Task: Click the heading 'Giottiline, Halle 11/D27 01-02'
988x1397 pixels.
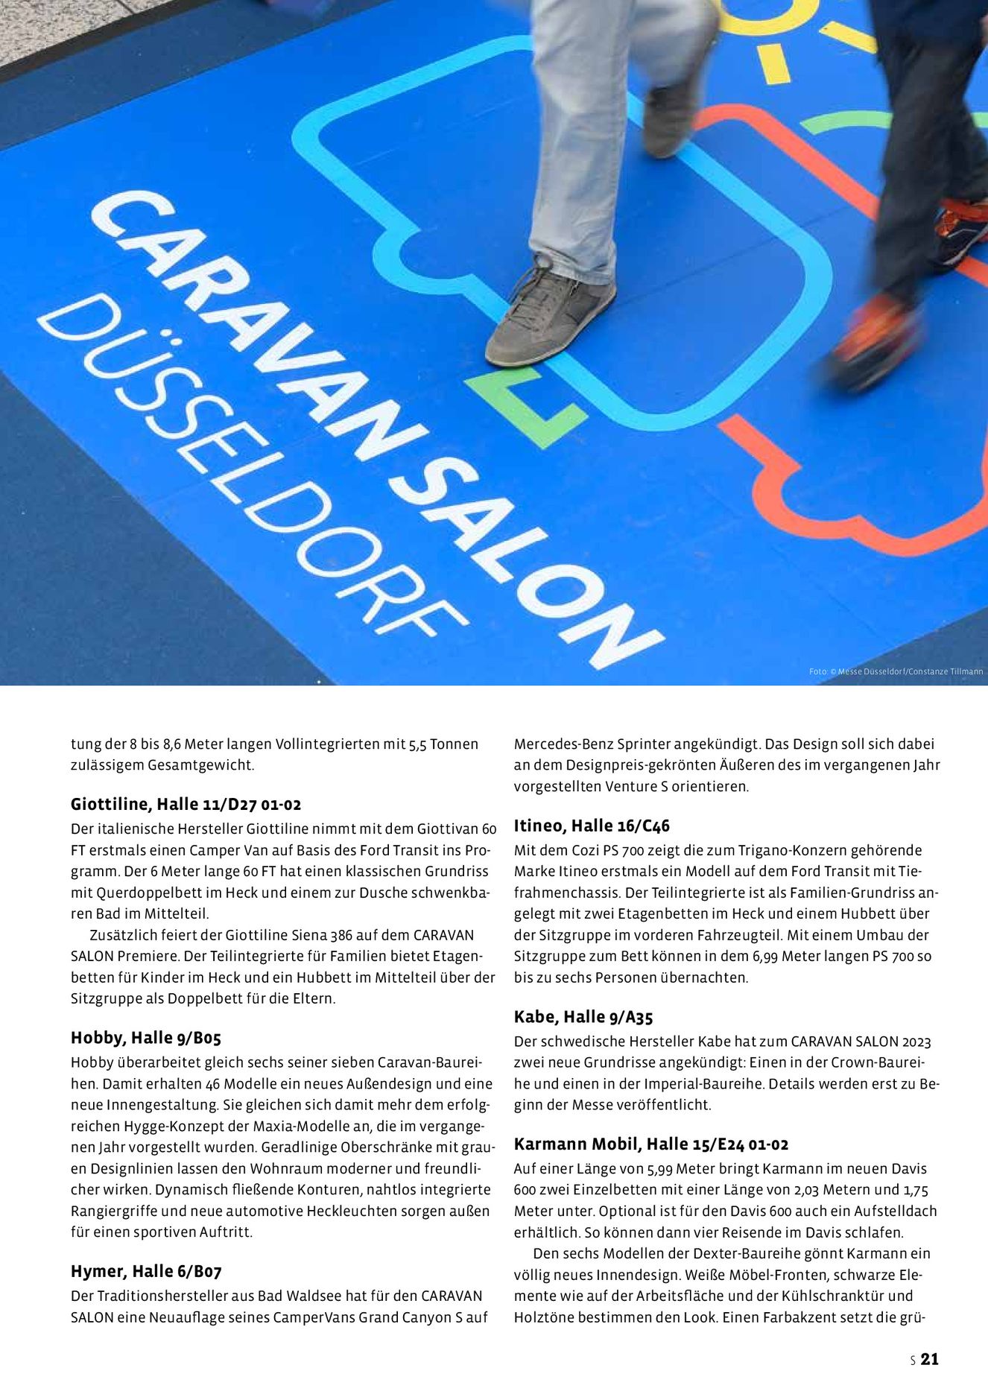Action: (186, 805)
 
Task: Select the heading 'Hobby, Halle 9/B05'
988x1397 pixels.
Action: (146, 1038)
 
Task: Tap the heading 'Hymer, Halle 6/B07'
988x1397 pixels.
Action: (146, 1271)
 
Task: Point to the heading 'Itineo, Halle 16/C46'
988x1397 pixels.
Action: (592, 826)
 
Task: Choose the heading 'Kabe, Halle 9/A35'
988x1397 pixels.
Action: (583, 1017)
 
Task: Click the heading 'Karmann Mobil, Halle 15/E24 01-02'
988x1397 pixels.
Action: (651, 1144)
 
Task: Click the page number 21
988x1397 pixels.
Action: (929, 1359)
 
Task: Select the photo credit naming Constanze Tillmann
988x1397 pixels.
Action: (896, 671)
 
